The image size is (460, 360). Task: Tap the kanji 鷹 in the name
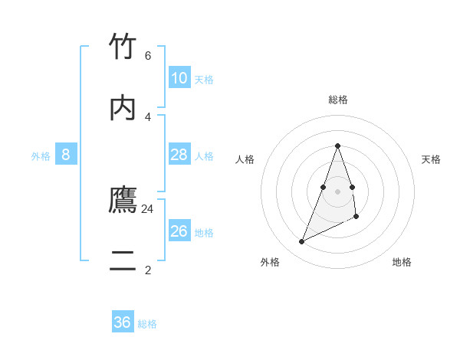[123, 201]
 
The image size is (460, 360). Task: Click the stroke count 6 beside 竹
[147, 56]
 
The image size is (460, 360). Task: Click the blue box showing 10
[179, 78]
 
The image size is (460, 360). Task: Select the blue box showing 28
[179, 155]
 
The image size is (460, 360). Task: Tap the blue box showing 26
[179, 231]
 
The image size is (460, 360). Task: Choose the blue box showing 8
[66, 155]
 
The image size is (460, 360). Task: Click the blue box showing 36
[123, 322]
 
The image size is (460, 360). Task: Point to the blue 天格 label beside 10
[204, 80]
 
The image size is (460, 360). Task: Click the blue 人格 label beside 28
[204, 156]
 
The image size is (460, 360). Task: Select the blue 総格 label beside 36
[147, 324]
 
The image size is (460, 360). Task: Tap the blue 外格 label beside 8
[41, 156]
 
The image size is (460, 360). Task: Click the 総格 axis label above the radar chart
[337, 100]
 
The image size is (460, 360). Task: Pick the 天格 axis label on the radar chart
[431, 159]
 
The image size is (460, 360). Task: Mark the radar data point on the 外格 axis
[301, 242]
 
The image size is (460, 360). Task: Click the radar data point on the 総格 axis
[337, 146]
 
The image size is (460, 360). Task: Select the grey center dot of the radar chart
[337, 191]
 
